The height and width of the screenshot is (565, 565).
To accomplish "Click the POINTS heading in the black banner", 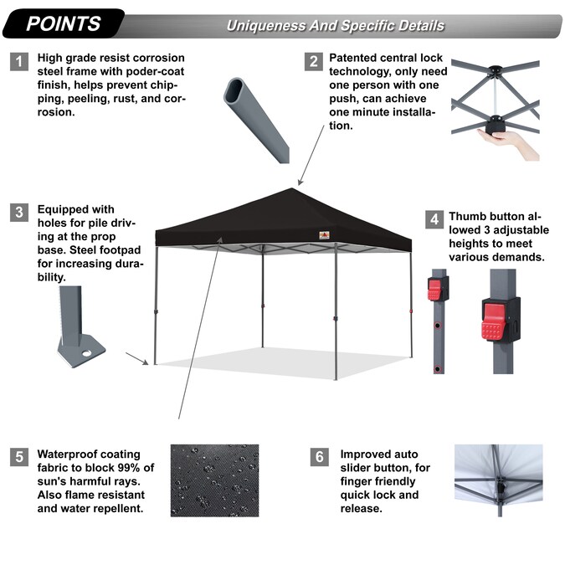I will (63, 23).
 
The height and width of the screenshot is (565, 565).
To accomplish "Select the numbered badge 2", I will (314, 62).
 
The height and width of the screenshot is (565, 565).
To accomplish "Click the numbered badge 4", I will (434, 220).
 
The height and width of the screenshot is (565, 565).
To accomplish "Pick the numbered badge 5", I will (18, 457).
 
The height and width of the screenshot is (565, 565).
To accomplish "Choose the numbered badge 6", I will (319, 457).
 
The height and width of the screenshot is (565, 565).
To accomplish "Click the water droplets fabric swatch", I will (214, 480).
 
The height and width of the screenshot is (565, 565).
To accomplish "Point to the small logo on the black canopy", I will (322, 234).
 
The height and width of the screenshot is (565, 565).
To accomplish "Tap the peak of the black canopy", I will (300, 190).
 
